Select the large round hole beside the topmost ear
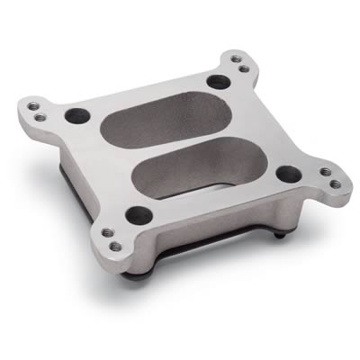click(x=216, y=82)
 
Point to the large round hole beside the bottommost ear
click(x=138, y=214)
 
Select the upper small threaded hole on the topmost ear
click(x=237, y=59)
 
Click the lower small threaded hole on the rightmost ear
click(x=335, y=184)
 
